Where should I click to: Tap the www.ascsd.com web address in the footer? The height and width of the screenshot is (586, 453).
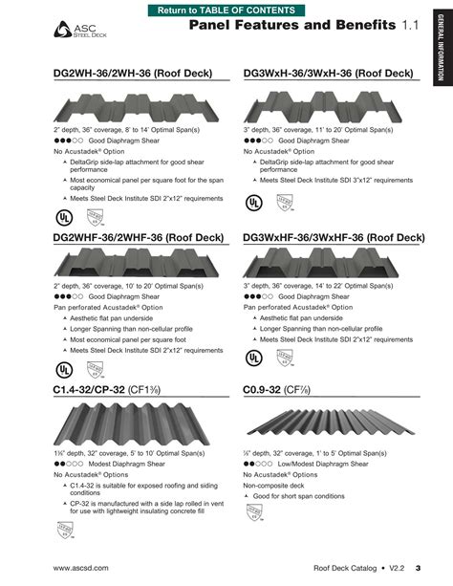click(81, 568)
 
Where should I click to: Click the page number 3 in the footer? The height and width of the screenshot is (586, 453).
click(418, 568)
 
